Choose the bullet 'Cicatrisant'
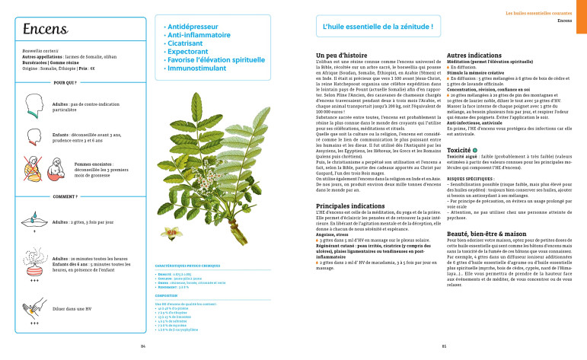[x=187, y=43]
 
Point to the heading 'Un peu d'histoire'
[x=341, y=56]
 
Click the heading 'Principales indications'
[x=353, y=206]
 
